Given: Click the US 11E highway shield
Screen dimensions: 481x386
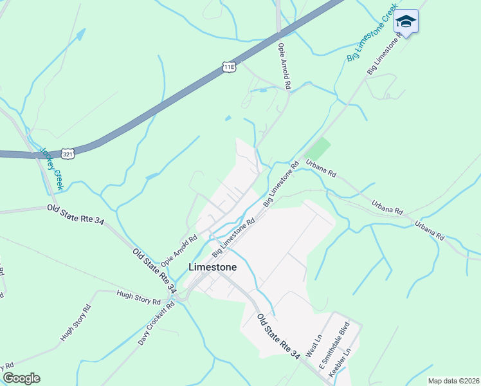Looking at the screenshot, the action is (228, 66).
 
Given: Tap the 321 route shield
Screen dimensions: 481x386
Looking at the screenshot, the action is (68, 153).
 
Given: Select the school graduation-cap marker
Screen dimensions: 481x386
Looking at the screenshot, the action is (406, 23).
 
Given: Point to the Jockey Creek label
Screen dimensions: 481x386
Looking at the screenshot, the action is (51, 169).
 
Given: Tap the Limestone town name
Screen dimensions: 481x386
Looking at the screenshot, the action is (212, 267).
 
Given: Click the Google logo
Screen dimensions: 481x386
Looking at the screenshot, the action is (21, 378).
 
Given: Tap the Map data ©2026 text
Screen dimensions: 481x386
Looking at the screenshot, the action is (453, 381).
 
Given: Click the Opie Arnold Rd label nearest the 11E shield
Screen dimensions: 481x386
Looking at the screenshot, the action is (284, 67).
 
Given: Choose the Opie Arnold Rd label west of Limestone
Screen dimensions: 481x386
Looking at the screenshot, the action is (179, 251).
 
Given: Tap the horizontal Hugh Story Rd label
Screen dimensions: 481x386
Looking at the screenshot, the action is (138, 297).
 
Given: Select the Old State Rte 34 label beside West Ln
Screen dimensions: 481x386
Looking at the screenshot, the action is (278, 336).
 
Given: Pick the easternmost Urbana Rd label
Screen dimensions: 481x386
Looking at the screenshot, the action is (429, 231).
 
